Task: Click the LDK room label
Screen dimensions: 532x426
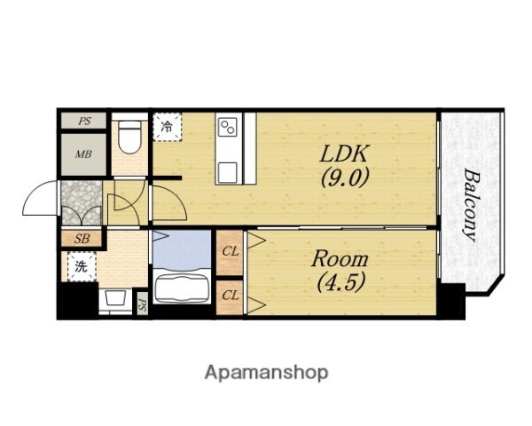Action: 344,154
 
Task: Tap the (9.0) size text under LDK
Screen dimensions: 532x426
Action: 345,177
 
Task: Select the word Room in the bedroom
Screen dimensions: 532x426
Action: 340,259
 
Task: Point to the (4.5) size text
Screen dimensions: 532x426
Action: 341,282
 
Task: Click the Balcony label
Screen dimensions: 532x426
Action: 470,205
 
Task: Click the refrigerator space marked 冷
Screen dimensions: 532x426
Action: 168,127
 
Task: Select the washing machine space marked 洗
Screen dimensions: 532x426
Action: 82,267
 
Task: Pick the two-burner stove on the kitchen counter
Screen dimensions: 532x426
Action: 228,127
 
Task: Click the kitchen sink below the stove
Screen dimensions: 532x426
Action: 227,172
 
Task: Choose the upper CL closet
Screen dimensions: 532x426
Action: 230,252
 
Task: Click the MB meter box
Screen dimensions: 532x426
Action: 83,154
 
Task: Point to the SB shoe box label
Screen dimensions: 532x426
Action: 82,239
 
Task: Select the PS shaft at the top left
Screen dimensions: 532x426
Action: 83,121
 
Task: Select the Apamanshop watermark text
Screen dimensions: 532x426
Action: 266,373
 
